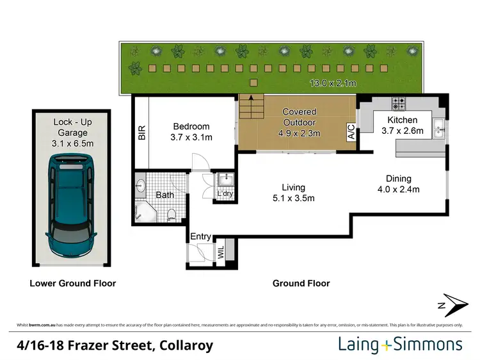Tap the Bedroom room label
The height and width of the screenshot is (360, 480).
(191, 132)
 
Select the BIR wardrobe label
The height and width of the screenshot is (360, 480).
(142, 133)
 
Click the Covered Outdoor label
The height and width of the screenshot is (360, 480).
(300, 122)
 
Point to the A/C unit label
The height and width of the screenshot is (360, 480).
(351, 132)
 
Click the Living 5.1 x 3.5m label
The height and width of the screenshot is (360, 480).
(293, 192)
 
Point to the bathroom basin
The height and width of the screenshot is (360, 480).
(141, 186)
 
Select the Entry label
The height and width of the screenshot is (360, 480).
(200, 237)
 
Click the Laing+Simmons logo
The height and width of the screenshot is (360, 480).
(400, 345)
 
